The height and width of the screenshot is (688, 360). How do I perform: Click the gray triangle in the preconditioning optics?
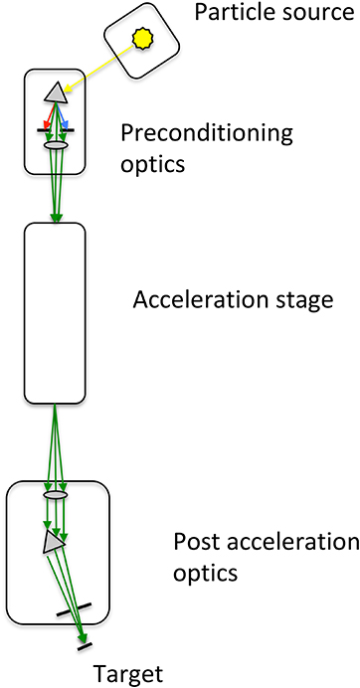click(x=56, y=92)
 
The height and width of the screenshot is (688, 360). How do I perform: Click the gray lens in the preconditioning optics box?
click(x=56, y=145)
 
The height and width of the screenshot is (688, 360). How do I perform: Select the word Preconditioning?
click(x=193, y=132)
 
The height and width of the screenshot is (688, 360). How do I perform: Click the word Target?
click(x=126, y=674)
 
